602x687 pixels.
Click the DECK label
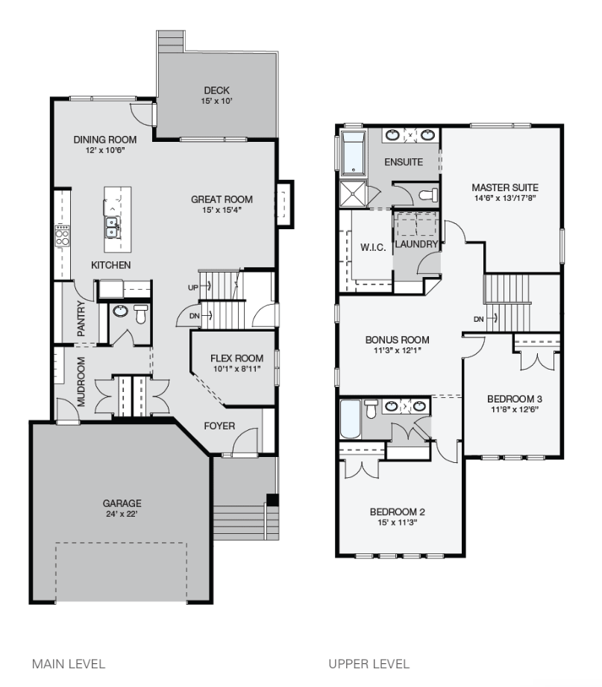(x=216, y=90)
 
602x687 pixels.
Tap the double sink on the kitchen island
(x=112, y=226)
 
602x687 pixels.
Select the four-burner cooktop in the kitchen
(x=62, y=236)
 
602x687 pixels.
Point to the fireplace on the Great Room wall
(x=285, y=202)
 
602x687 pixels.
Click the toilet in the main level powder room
(x=140, y=313)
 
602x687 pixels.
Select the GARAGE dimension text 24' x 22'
(x=122, y=514)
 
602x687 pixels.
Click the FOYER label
(x=220, y=426)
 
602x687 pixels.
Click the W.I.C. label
(x=373, y=248)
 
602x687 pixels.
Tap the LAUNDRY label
(x=416, y=244)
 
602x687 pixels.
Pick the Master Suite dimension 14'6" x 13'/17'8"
(x=505, y=198)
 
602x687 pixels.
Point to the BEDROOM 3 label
(x=513, y=398)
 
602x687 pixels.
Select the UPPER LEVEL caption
(x=369, y=663)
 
